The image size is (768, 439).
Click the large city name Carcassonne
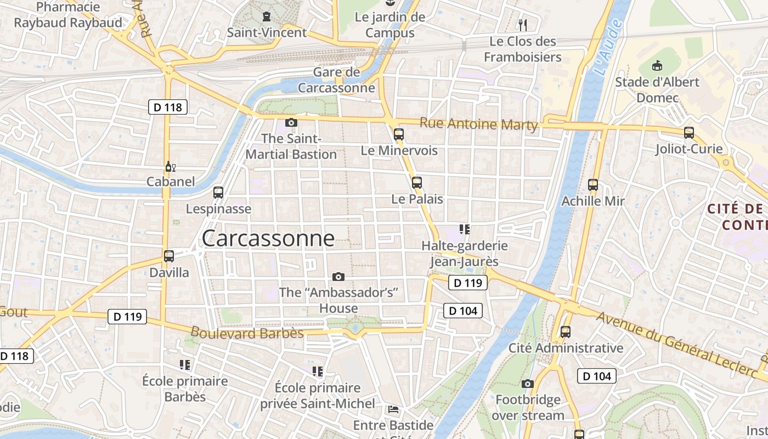[268, 238]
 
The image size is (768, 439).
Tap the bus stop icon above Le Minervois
[399, 134]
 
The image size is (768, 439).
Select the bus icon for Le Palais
[417, 183]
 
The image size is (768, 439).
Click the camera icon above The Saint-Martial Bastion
[291, 122]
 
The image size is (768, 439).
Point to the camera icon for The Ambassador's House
[338, 277]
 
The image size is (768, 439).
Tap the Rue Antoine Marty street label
[479, 124]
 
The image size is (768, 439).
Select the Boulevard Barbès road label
[247, 333]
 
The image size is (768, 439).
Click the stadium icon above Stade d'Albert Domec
[657, 66]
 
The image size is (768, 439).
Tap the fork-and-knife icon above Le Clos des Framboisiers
[523, 25]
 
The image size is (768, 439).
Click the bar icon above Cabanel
[171, 166]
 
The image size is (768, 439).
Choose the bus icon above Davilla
[169, 256]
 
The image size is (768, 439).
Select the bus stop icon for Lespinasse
[218, 193]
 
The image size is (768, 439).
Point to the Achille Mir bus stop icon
[593, 185]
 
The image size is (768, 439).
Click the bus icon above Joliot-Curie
[689, 133]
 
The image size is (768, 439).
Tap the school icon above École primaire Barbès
[185, 364]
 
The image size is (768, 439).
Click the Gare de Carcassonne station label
[336, 80]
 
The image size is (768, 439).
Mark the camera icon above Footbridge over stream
[528, 384]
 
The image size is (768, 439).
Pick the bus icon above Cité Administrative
[566, 332]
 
